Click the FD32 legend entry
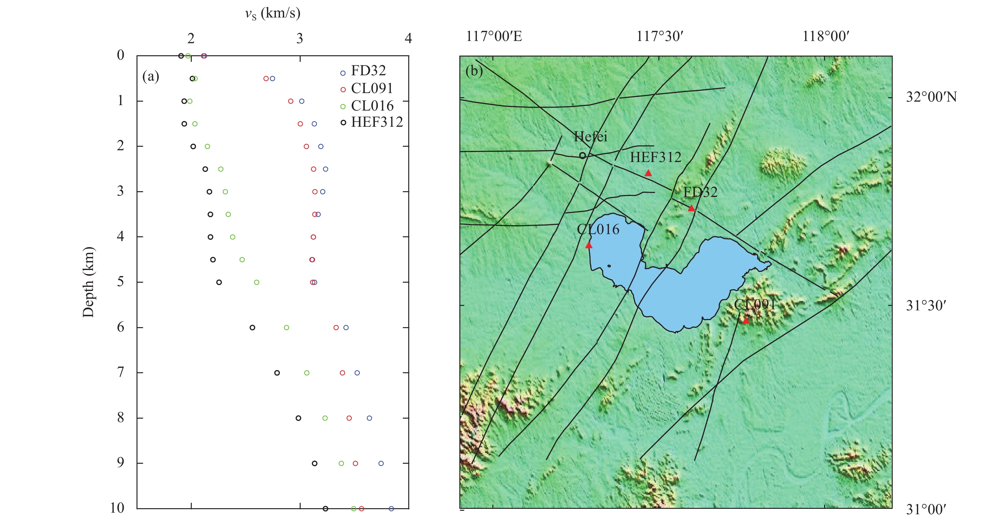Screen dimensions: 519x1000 point(368,71)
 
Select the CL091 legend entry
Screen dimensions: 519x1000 point(371,89)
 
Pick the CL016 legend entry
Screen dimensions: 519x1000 point(372,106)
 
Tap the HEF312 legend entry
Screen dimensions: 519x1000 point(377,122)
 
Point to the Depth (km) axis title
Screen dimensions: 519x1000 point(89,282)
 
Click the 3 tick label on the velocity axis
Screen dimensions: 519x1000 point(299,38)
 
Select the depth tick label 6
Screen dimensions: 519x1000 point(120,327)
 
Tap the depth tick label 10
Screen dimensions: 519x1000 point(117,508)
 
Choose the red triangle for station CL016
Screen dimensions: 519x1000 point(589,245)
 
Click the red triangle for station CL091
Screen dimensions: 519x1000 point(745,320)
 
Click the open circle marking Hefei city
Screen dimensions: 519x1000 point(582,155)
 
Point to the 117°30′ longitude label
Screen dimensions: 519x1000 point(660,37)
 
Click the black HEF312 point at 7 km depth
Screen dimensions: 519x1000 point(277,373)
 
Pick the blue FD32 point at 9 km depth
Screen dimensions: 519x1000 point(381,463)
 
